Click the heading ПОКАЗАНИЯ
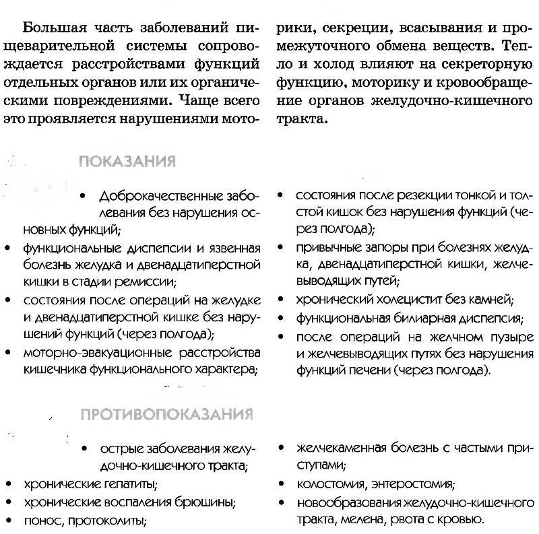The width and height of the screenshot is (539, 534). [x=127, y=162]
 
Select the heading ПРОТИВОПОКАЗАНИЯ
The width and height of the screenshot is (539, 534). [x=166, y=413]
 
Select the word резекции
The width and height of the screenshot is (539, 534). [x=398, y=195]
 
